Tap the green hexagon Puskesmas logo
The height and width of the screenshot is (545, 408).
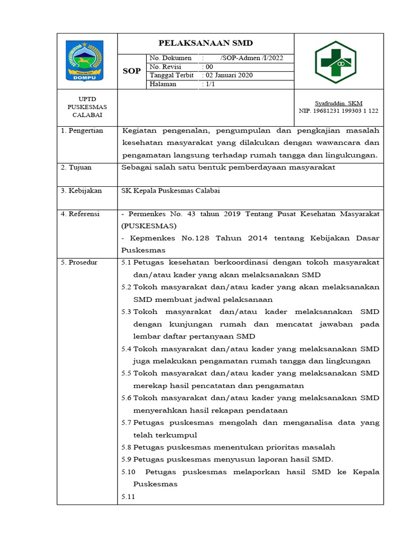coord(335,62)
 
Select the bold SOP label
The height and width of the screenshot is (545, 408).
coord(132,71)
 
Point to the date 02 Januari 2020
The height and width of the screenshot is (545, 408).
coord(228,76)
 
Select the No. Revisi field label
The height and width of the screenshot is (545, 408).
coord(165,67)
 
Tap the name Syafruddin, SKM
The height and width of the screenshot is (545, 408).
coord(338,103)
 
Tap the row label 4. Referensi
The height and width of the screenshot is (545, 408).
coord(80,214)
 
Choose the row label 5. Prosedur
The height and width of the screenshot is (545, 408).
coord(79,262)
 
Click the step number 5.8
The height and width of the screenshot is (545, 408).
coord(126,447)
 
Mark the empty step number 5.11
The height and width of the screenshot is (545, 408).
coord(128,497)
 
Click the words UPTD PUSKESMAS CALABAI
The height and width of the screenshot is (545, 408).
coord(88,107)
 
